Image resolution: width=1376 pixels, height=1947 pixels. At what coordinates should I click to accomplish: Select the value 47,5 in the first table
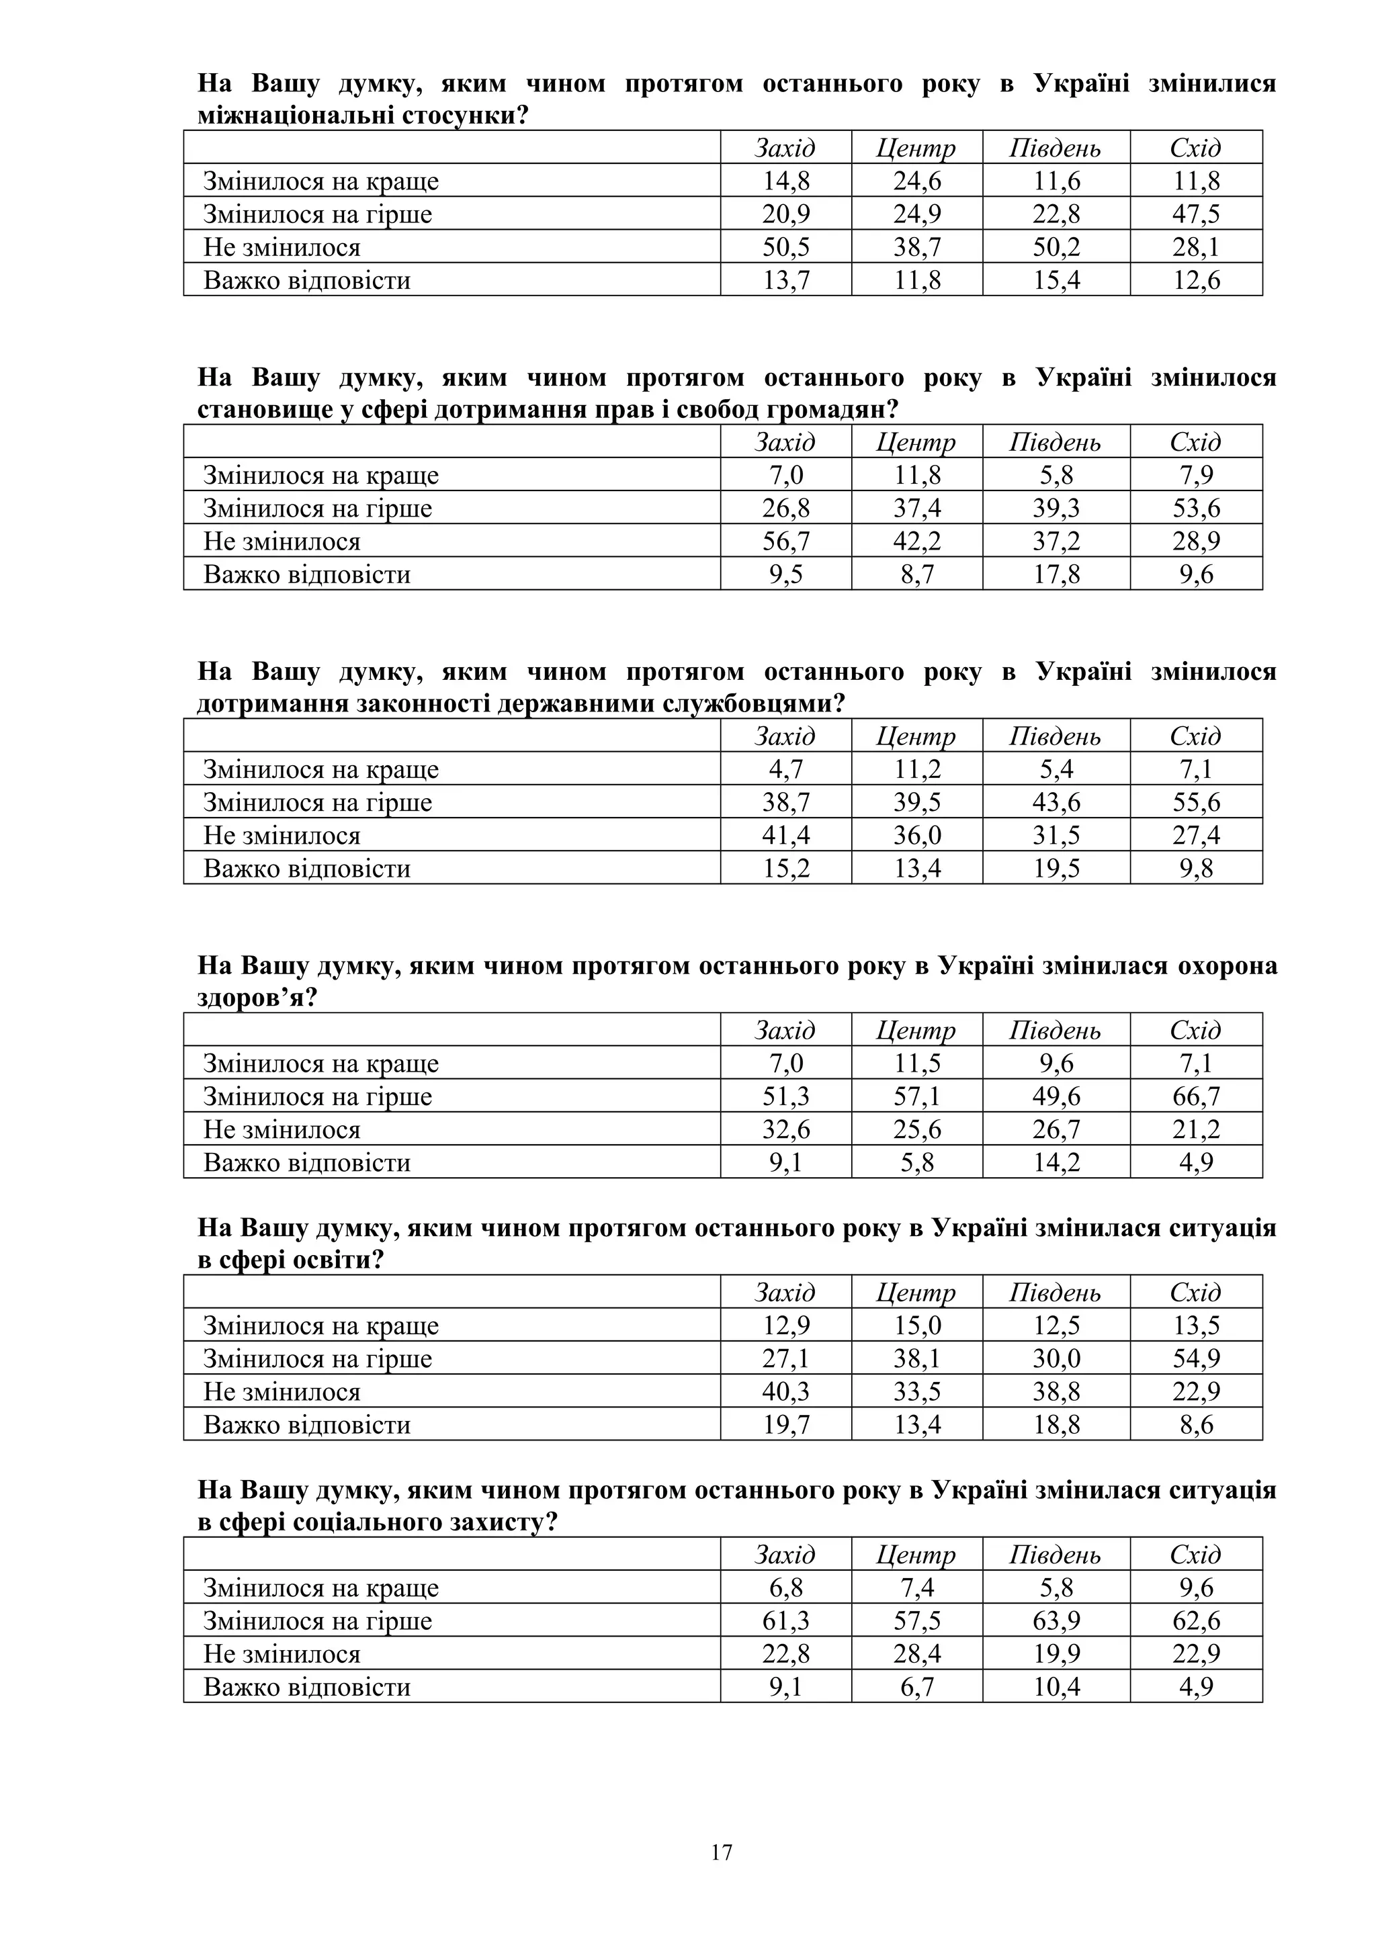pos(1195,214)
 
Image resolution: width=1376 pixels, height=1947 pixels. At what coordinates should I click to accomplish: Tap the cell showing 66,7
pos(1195,1096)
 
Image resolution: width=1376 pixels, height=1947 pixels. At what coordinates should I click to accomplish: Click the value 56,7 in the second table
pos(786,541)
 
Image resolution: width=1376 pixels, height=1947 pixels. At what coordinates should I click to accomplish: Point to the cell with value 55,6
pos(1195,802)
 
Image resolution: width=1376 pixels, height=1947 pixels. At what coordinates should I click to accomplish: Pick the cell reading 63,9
pos(1056,1620)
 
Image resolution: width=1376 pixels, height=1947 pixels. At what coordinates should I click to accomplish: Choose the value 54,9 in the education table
pos(1195,1358)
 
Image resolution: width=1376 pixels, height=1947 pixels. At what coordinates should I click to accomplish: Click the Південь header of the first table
pos(1056,148)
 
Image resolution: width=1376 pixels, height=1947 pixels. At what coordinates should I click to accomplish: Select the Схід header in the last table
pos(1195,1555)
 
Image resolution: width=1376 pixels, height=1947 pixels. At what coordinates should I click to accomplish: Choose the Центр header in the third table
pos(916,736)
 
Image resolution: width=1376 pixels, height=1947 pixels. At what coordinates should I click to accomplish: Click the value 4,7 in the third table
pos(786,769)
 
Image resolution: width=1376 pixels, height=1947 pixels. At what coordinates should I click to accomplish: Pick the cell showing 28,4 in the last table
pos(917,1653)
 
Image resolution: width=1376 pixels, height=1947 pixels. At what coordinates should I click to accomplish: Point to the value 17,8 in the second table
pos(1056,574)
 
